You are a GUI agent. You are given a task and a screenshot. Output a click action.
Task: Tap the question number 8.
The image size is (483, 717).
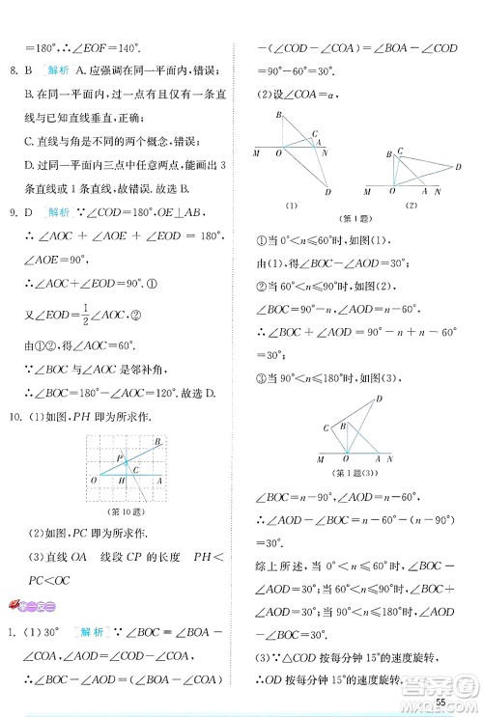pos(12,69)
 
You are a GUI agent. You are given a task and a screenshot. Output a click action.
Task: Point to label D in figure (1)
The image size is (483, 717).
pos(328,191)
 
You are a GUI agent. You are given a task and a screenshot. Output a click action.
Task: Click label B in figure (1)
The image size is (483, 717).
pos(279,116)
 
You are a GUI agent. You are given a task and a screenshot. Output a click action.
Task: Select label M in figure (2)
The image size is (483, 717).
pos(368,192)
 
